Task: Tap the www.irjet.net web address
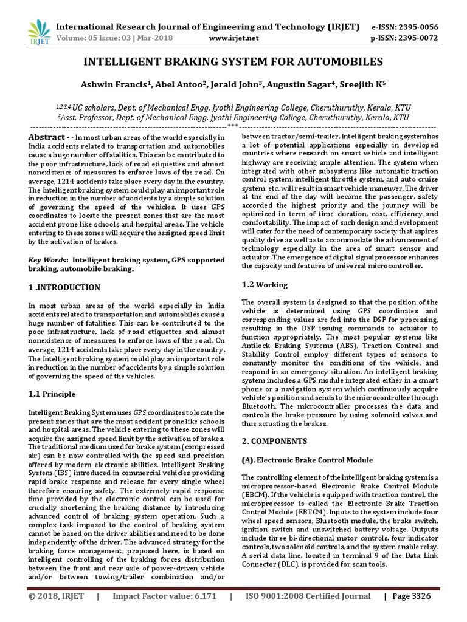[233, 38]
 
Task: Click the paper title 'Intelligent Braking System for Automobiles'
[233, 62]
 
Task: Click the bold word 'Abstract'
[46, 137]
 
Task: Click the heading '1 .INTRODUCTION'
[64, 287]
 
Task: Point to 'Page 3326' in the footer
[412, 596]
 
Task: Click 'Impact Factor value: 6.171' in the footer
[164, 596]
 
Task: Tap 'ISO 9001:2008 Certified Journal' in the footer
[308, 596]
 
